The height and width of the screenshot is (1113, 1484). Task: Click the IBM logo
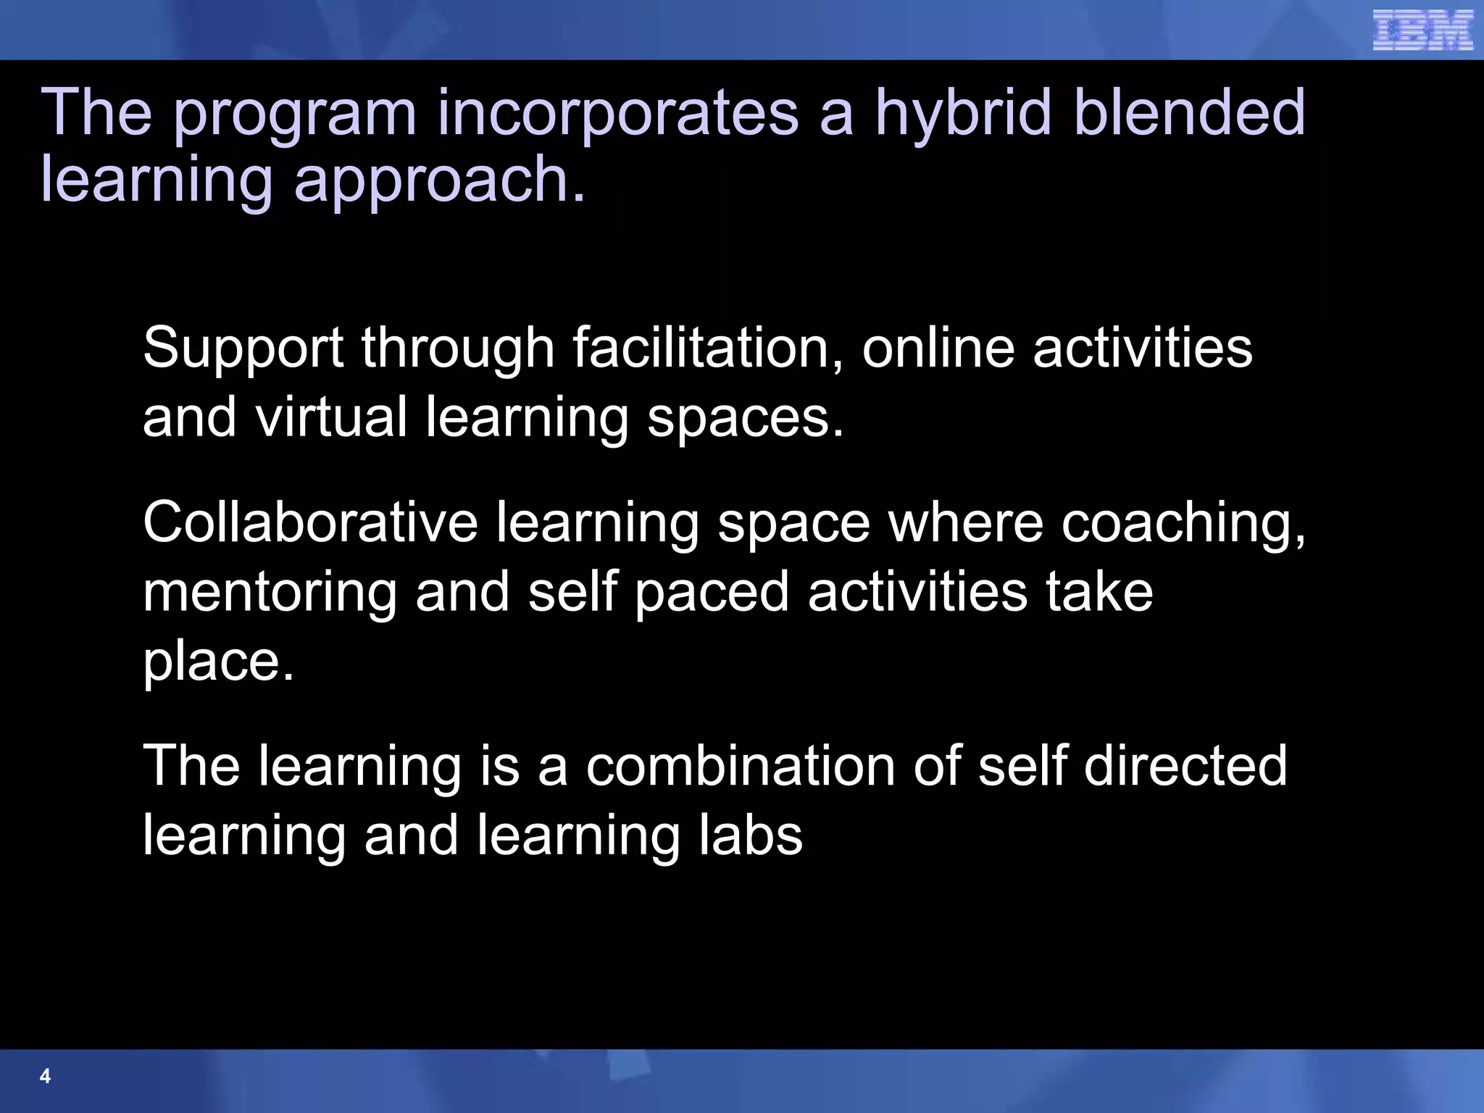(x=1422, y=30)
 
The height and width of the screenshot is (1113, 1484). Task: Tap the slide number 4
(x=45, y=1076)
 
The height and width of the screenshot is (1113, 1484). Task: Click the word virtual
(x=330, y=417)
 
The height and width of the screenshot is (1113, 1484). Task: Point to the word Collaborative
(x=310, y=522)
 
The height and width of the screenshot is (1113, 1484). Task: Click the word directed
(x=1185, y=766)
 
